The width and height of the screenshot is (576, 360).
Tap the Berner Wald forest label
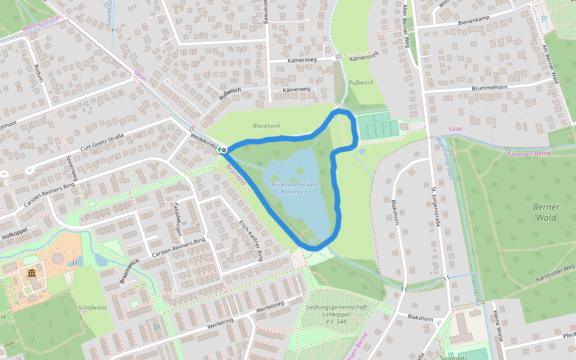point(546,212)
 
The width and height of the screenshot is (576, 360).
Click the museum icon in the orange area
point(31,274)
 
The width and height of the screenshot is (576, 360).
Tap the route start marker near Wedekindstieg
point(223,149)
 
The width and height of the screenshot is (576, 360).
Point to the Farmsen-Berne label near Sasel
point(529,154)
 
